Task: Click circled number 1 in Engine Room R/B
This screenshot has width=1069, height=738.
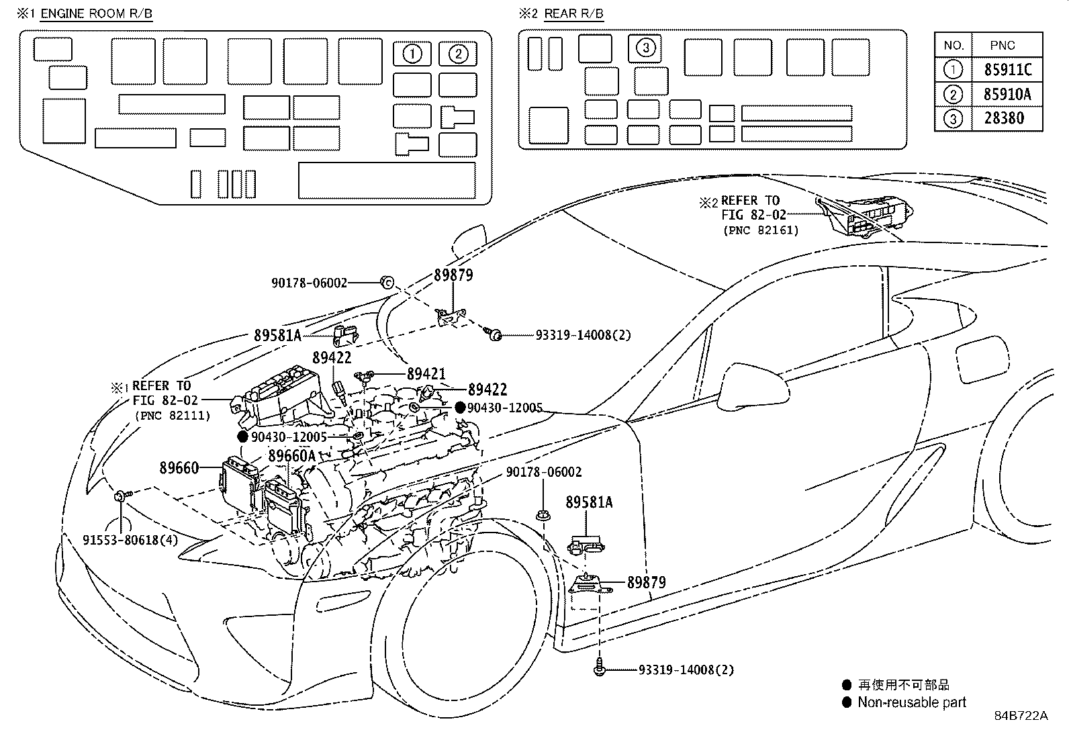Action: [x=412, y=54]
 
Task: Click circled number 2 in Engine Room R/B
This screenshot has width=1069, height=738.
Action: [x=457, y=54]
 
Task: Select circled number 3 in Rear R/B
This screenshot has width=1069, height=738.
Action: [x=645, y=48]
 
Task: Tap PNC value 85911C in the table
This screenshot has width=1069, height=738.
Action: [x=1007, y=70]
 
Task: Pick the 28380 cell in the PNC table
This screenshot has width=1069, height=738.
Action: [x=1004, y=119]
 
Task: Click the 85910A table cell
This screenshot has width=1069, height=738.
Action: [x=1007, y=95]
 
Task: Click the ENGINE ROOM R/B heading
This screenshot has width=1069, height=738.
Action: [x=95, y=13]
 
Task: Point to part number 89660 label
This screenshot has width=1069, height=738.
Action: [x=179, y=467]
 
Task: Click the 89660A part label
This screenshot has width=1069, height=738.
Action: [x=291, y=456]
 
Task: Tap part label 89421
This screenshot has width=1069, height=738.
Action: [x=426, y=374]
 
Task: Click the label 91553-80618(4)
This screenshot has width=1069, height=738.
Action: [x=131, y=539]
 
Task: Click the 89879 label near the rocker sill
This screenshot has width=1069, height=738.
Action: [x=646, y=582]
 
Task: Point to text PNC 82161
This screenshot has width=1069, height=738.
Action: [x=760, y=230]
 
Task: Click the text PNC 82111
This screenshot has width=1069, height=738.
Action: [x=173, y=416]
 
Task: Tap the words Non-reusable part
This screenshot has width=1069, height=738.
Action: [x=911, y=702]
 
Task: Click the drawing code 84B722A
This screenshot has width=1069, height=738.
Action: [x=1020, y=716]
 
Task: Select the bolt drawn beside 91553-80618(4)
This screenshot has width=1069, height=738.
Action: [x=120, y=496]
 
